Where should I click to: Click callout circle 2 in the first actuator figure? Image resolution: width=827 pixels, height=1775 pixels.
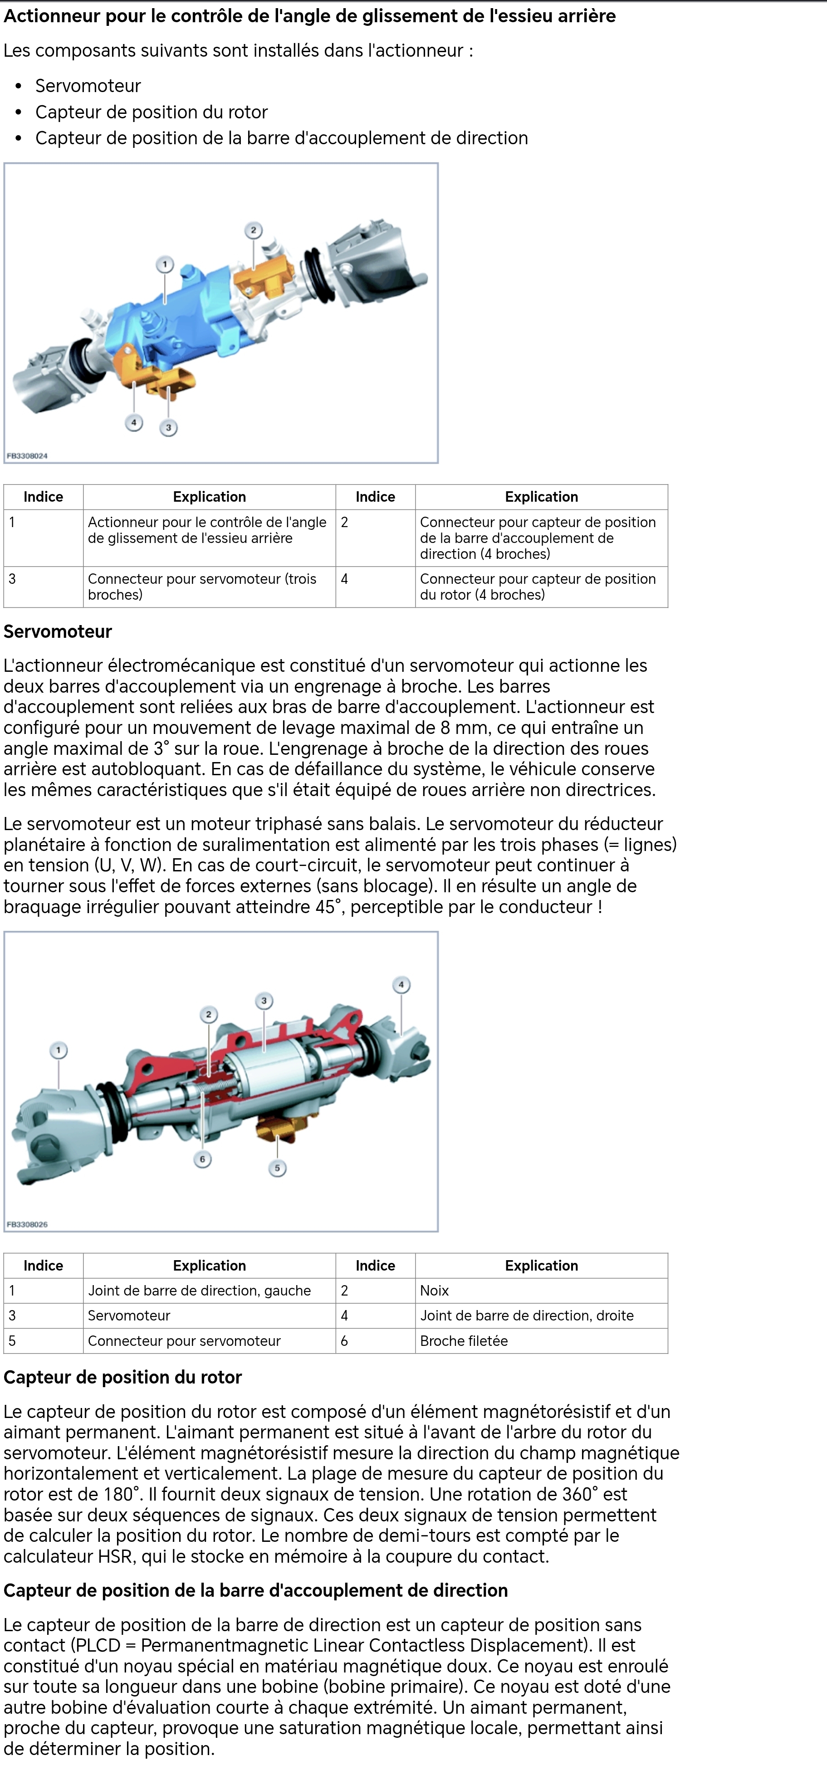click(x=253, y=230)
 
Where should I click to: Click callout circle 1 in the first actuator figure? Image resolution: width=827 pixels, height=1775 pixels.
click(x=164, y=264)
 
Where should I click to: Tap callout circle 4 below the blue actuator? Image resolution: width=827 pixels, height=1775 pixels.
click(x=134, y=422)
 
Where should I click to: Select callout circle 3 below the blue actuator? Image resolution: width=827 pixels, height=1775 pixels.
click(x=168, y=428)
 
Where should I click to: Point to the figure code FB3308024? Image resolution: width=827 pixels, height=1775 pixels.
click(x=27, y=456)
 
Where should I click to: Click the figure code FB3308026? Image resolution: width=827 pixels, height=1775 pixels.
click(x=27, y=1224)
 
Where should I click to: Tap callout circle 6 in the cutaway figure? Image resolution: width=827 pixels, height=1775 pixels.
click(x=202, y=1159)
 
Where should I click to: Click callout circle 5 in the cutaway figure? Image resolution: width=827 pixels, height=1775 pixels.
click(x=277, y=1168)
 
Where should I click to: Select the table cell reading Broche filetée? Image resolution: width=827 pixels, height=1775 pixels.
click(x=464, y=1341)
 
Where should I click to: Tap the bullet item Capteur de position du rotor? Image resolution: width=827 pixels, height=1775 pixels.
click(x=151, y=112)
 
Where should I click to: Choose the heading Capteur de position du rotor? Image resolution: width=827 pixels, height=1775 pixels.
click(x=122, y=1378)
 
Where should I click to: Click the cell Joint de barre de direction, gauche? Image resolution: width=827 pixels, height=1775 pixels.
click(x=199, y=1291)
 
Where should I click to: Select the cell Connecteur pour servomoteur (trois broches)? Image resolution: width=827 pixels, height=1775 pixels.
click(x=202, y=587)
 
